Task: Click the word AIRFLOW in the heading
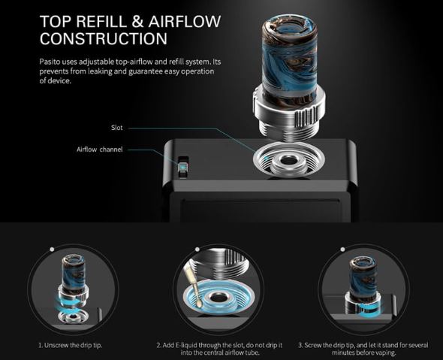click(185, 22)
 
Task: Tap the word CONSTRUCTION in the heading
click(104, 39)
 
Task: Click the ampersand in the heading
click(137, 22)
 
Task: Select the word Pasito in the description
click(50, 62)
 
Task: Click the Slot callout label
click(117, 128)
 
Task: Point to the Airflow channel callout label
click(99, 150)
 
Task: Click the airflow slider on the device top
click(183, 167)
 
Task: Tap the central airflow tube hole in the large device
click(288, 161)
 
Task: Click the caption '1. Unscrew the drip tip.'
click(71, 345)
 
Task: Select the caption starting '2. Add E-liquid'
click(219, 349)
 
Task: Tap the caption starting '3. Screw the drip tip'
click(363, 349)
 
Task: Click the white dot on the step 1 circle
click(52, 249)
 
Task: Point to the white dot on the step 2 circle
click(197, 249)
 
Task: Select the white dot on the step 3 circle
click(342, 249)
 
